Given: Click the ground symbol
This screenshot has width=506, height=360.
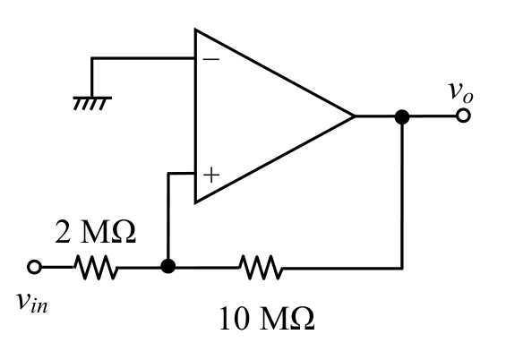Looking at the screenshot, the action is [92, 103].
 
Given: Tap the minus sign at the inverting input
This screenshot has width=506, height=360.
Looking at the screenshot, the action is [211, 59].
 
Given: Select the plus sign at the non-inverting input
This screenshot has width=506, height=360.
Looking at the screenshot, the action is [211, 176].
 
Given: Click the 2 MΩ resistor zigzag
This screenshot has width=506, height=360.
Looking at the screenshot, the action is [96, 268].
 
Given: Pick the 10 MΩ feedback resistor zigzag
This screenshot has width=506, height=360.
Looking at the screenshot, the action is [261, 268].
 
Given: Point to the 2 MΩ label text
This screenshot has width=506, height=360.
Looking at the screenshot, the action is [96, 232].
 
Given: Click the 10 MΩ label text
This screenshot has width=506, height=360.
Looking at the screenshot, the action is [267, 319].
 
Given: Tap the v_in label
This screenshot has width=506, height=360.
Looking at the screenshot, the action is [32, 302].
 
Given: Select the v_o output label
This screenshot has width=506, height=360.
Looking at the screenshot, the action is [460, 91].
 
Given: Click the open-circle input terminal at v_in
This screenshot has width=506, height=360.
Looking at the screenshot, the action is [34, 268].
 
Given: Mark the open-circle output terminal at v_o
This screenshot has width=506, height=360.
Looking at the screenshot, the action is [463, 116].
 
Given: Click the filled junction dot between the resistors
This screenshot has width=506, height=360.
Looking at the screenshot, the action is [168, 267].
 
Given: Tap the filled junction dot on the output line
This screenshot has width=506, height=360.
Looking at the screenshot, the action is [402, 116].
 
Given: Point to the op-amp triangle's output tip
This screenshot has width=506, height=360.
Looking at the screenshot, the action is [355, 116].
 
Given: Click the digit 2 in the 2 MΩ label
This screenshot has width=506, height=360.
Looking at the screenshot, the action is [63, 232].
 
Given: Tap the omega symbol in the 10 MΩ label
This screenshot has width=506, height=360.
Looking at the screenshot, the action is [303, 319].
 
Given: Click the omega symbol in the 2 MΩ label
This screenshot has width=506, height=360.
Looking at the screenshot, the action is [124, 232].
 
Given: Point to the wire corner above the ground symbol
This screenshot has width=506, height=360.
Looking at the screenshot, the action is [92, 58].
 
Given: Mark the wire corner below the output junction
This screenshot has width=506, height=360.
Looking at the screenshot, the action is [402, 268].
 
